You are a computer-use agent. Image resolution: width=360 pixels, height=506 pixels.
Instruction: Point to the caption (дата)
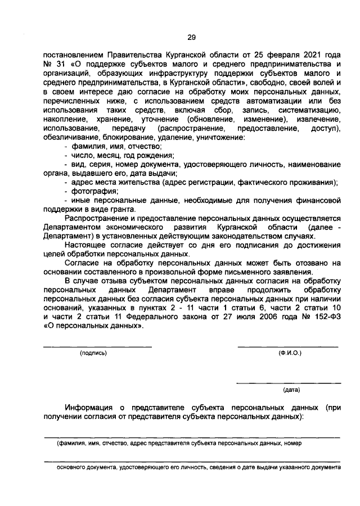(291, 389)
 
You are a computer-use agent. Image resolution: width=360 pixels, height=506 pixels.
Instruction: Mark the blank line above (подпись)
(98, 346)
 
